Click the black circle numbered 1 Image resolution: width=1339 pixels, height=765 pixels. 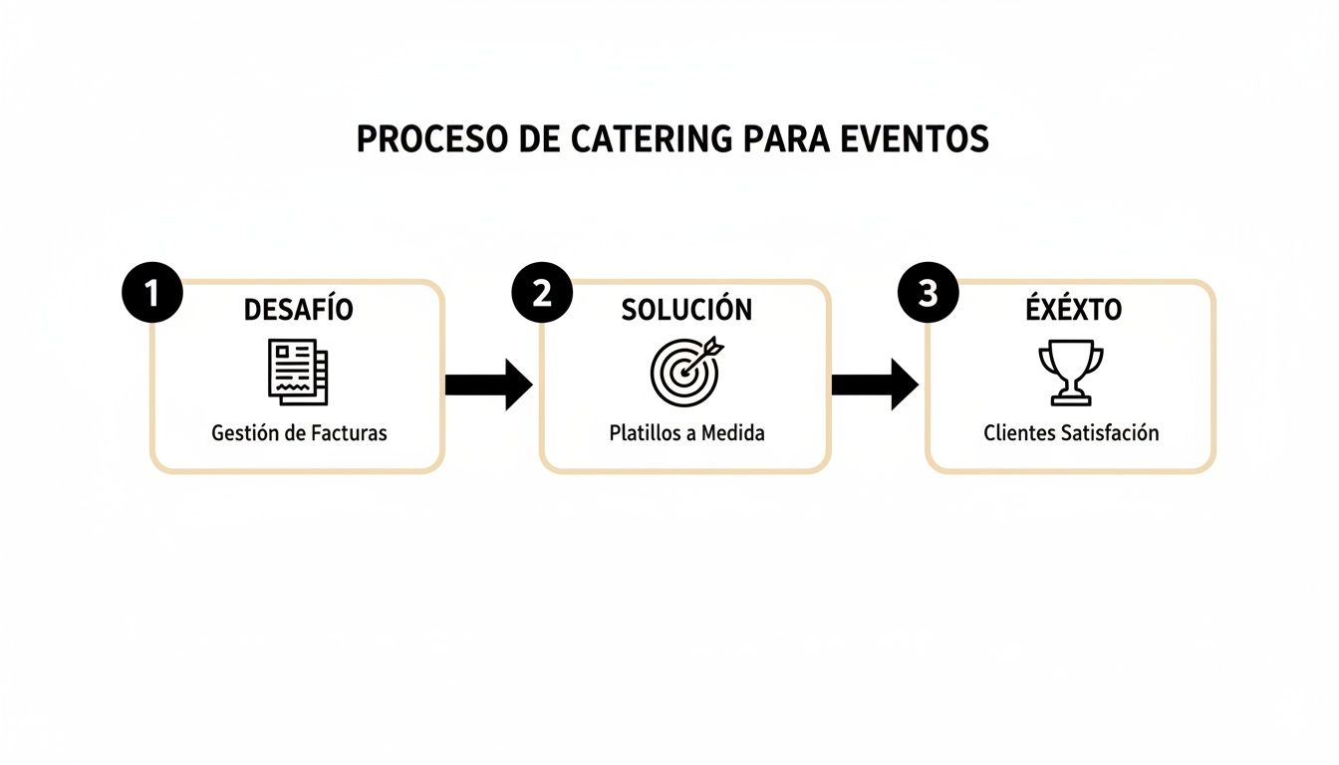(x=151, y=294)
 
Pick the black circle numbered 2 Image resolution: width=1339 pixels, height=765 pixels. (x=542, y=294)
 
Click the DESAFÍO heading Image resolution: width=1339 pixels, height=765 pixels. (x=298, y=310)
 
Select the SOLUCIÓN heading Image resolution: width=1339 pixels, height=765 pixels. (x=686, y=310)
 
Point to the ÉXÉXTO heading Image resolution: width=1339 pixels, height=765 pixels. (x=1073, y=310)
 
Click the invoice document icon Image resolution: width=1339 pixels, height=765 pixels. (x=298, y=372)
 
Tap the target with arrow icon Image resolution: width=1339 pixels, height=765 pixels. (x=686, y=372)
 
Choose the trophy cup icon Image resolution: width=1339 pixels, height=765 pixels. (x=1071, y=373)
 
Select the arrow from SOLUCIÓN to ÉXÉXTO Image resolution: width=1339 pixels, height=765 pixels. (x=875, y=384)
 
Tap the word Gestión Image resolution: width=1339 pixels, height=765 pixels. (x=244, y=433)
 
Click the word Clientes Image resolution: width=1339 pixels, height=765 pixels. (x=1018, y=433)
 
